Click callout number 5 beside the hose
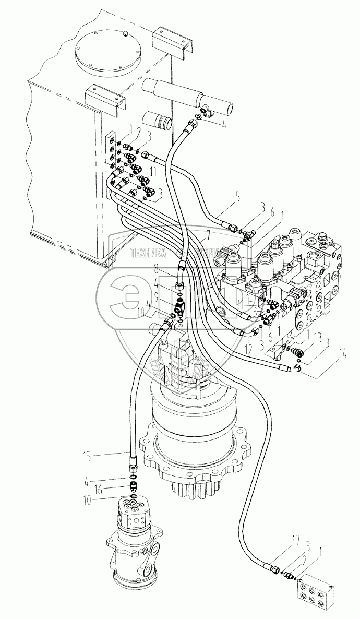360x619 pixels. coord(208,198)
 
